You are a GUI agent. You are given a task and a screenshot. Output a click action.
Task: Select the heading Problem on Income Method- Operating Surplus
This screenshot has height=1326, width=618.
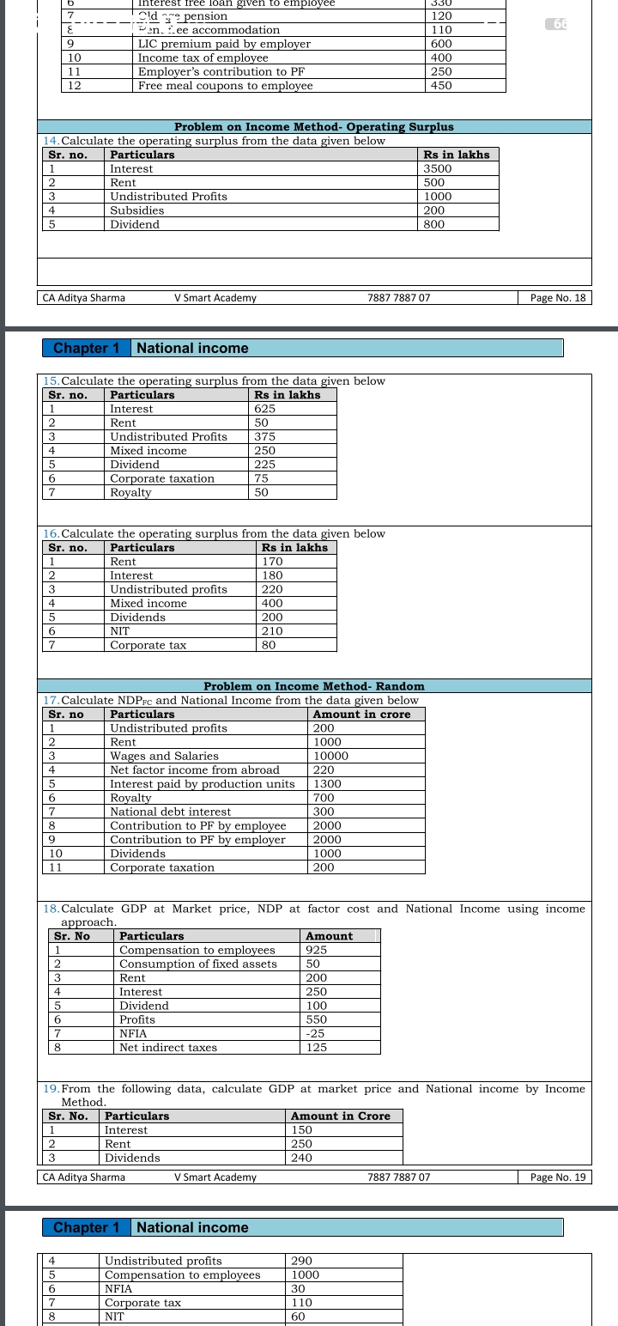[x=314, y=127]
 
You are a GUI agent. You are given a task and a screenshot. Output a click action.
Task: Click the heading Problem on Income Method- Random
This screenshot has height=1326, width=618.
[x=314, y=686]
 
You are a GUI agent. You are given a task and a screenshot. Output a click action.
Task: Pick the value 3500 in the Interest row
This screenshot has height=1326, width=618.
[x=438, y=169]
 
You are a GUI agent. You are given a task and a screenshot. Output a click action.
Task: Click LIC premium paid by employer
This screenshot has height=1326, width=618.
[x=224, y=44]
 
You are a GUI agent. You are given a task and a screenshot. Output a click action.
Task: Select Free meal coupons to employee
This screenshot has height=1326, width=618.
[x=225, y=86]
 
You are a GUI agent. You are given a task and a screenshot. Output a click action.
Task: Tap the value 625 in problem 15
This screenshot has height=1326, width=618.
[x=264, y=409]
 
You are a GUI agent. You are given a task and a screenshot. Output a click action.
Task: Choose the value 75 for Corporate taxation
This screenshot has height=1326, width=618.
[x=261, y=478]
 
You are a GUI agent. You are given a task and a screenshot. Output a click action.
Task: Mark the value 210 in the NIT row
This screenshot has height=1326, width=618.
[x=272, y=631]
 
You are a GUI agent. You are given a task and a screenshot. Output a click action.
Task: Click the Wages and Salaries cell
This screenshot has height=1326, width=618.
[x=164, y=756]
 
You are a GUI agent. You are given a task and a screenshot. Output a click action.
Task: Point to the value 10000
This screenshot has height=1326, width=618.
[x=330, y=756]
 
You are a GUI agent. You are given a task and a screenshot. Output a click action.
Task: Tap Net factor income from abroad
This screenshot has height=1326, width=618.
[x=195, y=770]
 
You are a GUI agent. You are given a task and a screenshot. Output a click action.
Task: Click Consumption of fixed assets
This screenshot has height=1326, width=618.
[x=198, y=964]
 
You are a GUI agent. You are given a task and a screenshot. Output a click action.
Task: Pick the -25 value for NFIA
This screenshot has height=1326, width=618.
[x=315, y=1033]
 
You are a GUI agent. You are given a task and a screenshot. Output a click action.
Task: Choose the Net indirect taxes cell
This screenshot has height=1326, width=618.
[x=168, y=1048]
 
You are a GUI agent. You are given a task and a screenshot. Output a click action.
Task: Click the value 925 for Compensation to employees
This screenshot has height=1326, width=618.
[x=317, y=950]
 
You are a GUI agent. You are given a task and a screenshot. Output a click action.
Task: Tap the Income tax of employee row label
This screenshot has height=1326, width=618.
[x=203, y=58]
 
